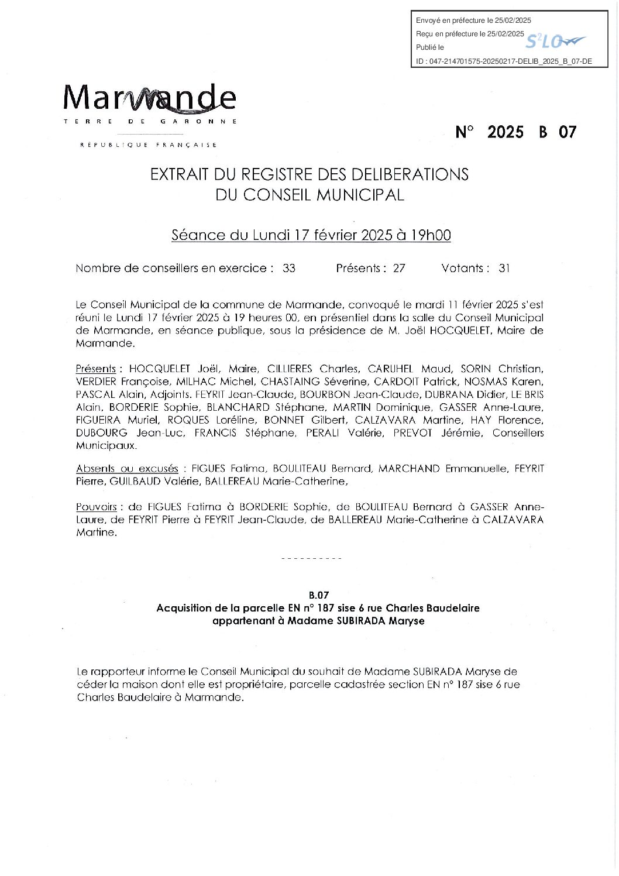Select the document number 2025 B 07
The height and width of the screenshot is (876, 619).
click(515, 132)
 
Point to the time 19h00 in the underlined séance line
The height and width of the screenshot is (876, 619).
click(431, 235)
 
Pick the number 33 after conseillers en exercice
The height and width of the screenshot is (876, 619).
click(289, 269)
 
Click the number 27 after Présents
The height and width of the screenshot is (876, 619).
click(399, 269)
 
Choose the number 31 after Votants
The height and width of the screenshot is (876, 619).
click(504, 269)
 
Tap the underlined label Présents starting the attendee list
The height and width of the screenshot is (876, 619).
click(96, 369)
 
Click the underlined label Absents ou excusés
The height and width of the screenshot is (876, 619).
click(127, 469)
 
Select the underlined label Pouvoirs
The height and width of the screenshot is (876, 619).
click(96, 507)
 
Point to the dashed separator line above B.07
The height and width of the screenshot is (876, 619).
click(311, 559)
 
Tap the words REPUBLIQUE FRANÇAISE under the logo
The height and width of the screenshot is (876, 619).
click(149, 145)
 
